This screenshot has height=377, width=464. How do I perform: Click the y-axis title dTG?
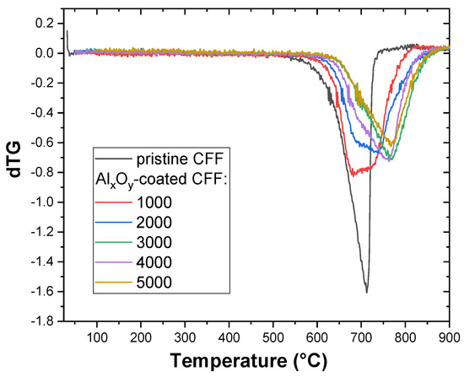[14, 159]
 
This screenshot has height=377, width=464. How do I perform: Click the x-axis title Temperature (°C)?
[249, 361]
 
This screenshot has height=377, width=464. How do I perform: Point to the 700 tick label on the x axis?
[361, 337]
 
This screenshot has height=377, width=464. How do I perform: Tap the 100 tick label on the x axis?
[97, 337]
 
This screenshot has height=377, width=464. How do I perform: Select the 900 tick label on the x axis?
[449, 337]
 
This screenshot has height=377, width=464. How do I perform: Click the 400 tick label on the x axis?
[229, 337]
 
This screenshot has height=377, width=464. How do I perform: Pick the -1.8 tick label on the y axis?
[43, 321]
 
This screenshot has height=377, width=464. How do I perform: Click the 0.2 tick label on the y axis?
[46, 24]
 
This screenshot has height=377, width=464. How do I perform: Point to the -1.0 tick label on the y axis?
[43, 202]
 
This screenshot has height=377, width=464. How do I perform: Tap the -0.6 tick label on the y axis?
[43, 143]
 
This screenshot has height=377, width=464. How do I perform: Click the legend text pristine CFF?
[180, 159]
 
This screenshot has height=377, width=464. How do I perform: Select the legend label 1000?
[154, 202]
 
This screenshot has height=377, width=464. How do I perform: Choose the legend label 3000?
[154, 242]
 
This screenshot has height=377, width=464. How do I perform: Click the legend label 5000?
[154, 283]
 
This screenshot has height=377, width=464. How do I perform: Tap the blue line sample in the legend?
[113, 222]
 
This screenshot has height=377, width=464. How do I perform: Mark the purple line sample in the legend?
[113, 262]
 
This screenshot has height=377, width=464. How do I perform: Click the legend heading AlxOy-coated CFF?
[161, 180]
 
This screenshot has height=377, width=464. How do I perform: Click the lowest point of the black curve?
[367, 293]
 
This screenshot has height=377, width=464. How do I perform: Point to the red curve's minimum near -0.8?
[353, 175]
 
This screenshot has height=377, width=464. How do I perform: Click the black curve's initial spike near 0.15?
[67, 30]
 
